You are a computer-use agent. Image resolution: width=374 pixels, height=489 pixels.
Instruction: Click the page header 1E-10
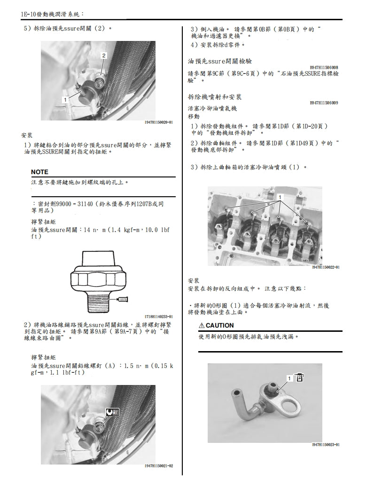tap(30, 15)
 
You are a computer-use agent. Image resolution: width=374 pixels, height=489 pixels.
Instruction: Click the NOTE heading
tap(39, 172)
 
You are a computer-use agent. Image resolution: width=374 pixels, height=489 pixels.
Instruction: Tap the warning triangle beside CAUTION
tap(202, 325)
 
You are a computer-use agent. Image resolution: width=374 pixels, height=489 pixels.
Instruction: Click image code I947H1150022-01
tap(326, 267)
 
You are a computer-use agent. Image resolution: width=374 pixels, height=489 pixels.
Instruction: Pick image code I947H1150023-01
tap(326, 445)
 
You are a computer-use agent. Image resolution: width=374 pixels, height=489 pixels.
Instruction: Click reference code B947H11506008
tap(324, 67)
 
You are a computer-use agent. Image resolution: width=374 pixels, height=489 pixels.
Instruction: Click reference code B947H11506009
tap(324, 103)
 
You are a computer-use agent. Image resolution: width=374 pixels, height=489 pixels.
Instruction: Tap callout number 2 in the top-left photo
tap(104, 55)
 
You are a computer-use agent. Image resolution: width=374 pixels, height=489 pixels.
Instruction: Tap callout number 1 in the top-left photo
tap(65, 99)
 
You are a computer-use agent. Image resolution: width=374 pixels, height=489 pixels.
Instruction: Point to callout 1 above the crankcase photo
tap(280, 196)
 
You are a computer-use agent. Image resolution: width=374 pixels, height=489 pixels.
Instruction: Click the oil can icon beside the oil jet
tap(301, 377)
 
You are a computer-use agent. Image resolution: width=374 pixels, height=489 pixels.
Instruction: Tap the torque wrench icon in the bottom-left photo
tap(112, 411)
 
